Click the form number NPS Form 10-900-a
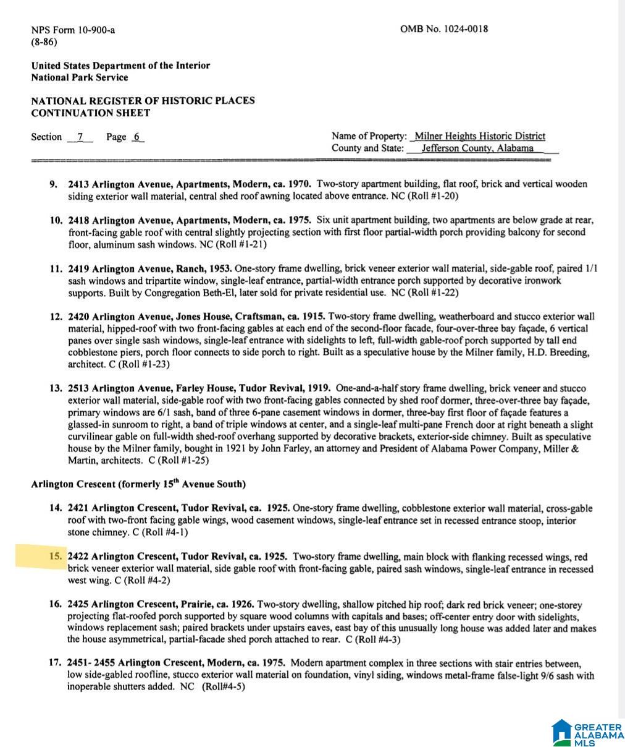[73, 30]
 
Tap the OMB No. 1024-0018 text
[443, 29]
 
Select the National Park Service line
[80, 77]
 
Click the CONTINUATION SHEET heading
[90, 113]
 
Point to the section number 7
[80, 137]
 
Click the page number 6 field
[137, 137]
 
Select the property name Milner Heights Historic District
[480, 136]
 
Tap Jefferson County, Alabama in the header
[477, 148]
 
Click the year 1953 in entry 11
[220, 268]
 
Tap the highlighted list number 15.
[56, 556]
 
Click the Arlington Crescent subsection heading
[138, 484]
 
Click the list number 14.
[56, 508]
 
